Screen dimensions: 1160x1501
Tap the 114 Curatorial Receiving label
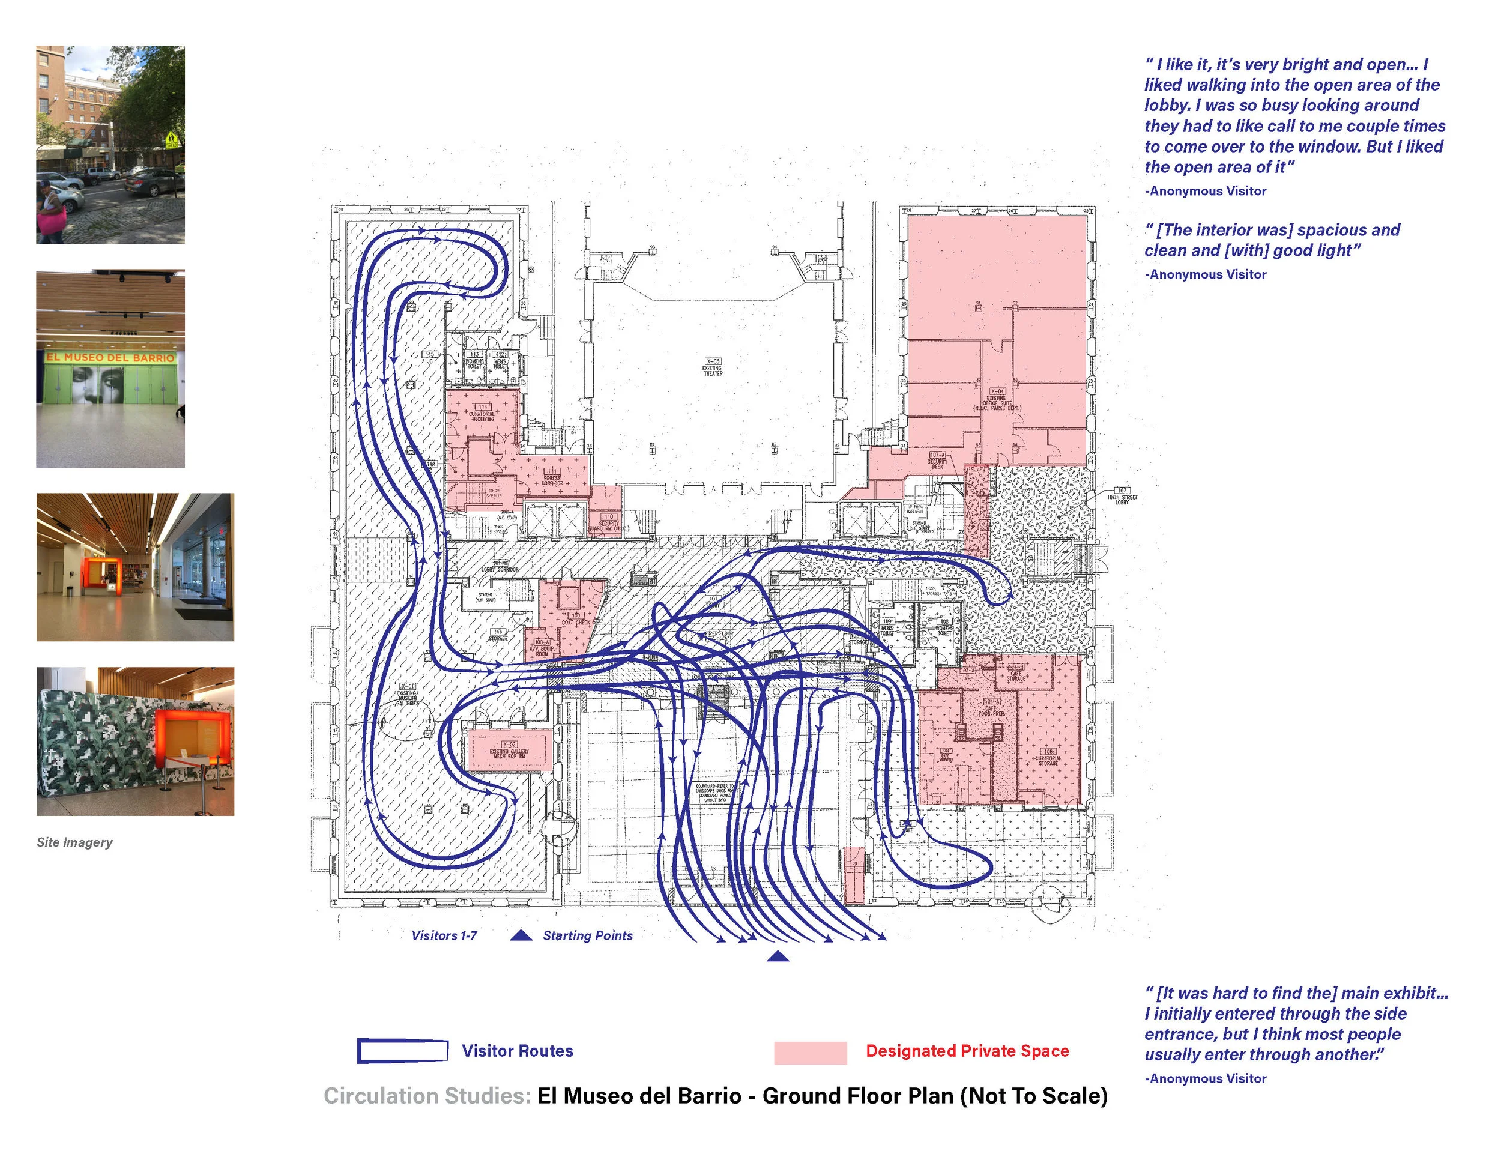[482, 414]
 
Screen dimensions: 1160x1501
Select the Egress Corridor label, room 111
[552, 477]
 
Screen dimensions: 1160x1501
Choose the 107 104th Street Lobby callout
[1122, 495]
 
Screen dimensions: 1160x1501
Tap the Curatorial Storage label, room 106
[1048, 757]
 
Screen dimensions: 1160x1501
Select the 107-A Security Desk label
[937, 461]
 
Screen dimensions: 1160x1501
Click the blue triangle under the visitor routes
[778, 956]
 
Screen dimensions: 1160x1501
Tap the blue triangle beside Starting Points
[522, 935]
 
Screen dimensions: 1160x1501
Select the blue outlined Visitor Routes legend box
[403, 1051]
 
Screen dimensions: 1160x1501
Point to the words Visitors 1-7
[444, 935]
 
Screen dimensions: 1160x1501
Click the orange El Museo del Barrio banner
[110, 357]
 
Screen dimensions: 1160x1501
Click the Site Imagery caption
[74, 842]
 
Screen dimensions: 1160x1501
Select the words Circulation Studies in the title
[427, 1095]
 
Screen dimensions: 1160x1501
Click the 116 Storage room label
[498, 634]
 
